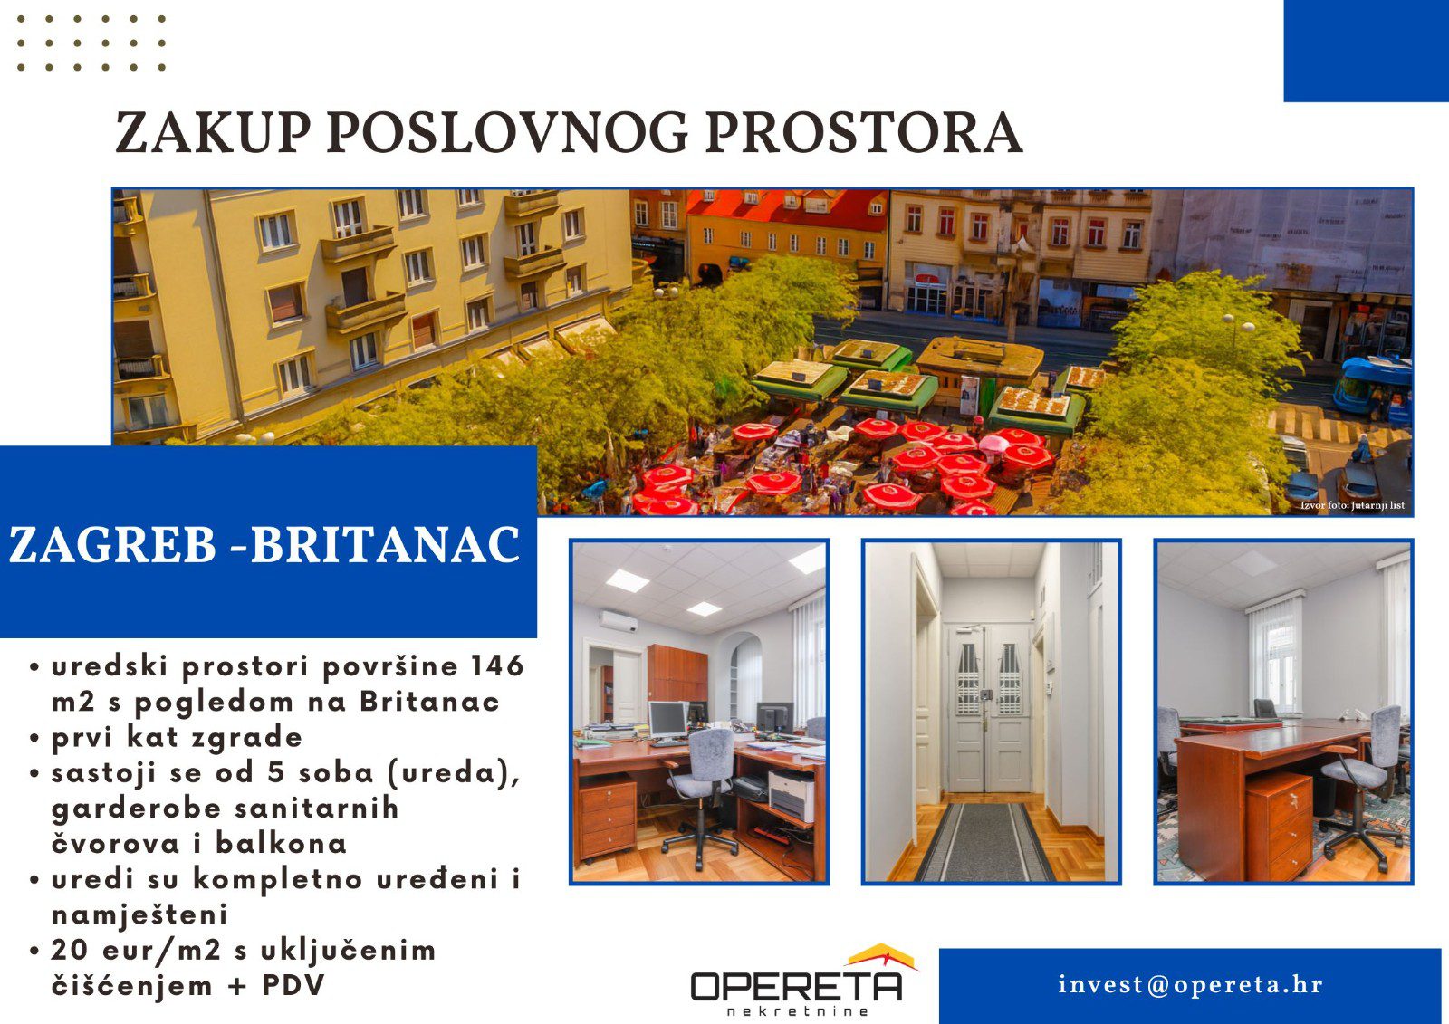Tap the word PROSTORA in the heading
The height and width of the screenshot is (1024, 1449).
[x=864, y=132]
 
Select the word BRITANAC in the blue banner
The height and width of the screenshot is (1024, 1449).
[x=386, y=545]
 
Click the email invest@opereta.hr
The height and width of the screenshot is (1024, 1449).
[x=1191, y=984]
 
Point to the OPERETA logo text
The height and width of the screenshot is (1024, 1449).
[x=796, y=987]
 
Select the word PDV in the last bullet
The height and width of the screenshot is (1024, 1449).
[x=293, y=985]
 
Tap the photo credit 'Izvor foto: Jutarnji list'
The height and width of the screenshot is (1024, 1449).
[x=1353, y=505]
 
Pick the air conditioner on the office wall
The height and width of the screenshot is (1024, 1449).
[x=619, y=622]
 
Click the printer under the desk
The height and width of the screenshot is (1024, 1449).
[x=791, y=795]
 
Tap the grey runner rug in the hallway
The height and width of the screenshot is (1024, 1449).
[x=984, y=842]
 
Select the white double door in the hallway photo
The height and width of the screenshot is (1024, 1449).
[x=988, y=708]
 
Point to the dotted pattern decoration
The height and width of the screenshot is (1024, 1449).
[x=91, y=43]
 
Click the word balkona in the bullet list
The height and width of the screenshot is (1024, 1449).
[x=281, y=843]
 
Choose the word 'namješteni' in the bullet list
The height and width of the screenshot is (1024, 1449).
[x=139, y=914]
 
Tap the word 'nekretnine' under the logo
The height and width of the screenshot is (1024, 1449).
[x=797, y=1011]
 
